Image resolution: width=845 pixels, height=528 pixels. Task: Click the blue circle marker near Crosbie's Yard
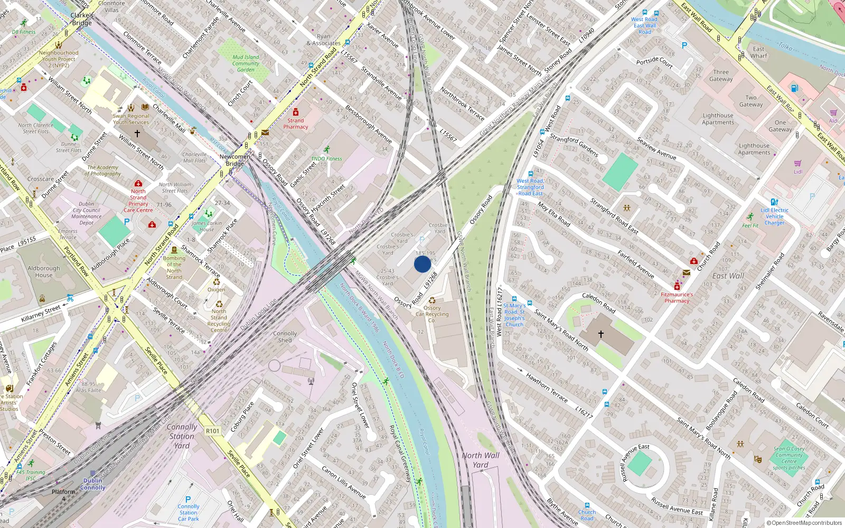(422, 264)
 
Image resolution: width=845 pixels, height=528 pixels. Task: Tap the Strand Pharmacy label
(296, 124)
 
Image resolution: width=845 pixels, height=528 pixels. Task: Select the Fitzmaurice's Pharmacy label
(677, 298)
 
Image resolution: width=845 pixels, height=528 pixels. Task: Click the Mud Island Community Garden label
(246, 63)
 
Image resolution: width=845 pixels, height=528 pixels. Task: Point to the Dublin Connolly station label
(93, 484)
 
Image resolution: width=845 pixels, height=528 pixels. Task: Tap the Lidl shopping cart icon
(797, 163)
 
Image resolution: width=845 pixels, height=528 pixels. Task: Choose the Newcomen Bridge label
(235, 160)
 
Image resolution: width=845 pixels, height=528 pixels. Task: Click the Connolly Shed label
(285, 337)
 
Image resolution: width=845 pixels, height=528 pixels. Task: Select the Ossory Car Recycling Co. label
(432, 314)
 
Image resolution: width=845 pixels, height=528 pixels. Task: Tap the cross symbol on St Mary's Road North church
(600, 334)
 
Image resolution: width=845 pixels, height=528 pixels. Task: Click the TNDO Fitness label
(326, 158)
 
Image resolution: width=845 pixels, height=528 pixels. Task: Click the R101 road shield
(212, 431)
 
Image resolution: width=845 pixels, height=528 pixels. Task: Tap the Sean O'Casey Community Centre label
(789, 458)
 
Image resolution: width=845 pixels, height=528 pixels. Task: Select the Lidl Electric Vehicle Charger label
(775, 216)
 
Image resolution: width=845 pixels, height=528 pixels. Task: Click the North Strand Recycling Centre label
(219, 320)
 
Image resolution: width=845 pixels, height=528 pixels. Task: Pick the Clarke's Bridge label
(82, 19)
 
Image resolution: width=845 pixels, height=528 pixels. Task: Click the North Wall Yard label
(481, 460)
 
